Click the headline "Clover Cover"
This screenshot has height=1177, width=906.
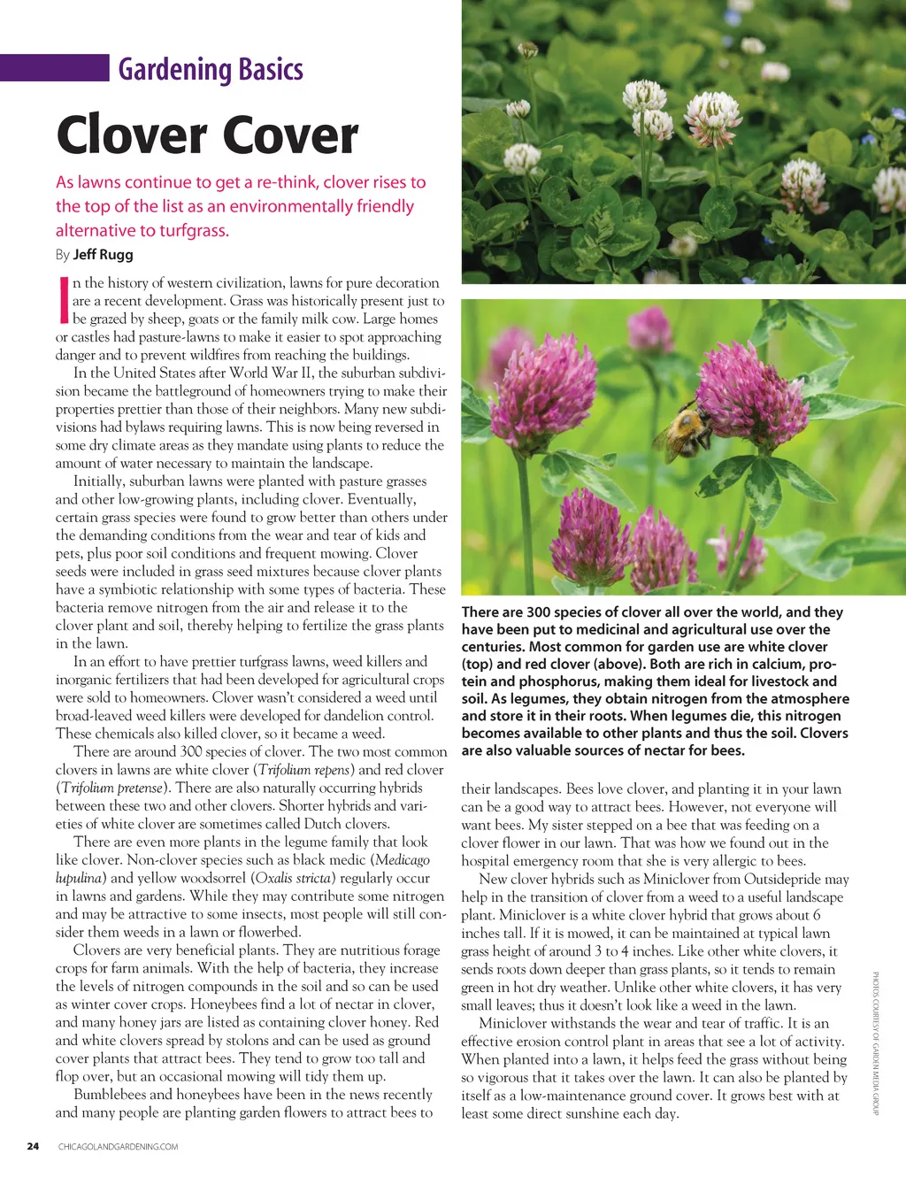207,135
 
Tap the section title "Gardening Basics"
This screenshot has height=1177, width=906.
211,69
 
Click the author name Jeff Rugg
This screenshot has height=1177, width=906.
103,255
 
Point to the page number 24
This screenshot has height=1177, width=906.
33,1146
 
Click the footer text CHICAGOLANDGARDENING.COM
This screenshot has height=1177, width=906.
118,1147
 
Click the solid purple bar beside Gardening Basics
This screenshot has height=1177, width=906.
54,68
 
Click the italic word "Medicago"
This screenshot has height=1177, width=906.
403,860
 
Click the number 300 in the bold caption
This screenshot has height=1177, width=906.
539,612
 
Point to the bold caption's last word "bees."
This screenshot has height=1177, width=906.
728,750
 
